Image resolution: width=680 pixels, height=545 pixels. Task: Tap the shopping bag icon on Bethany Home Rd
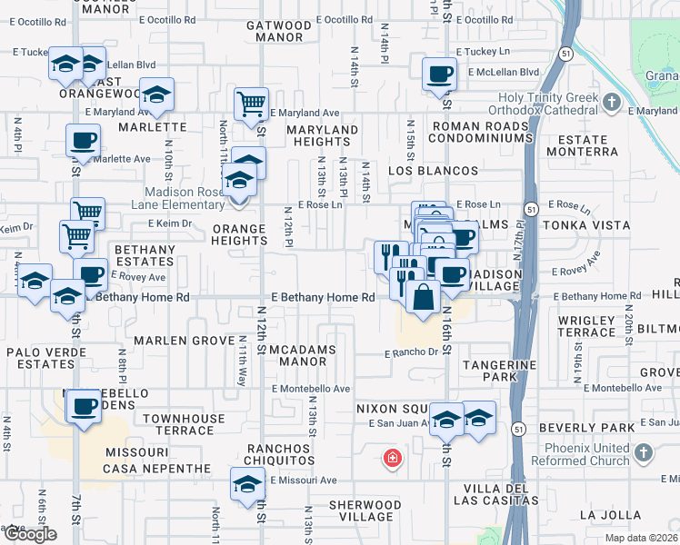[423, 296]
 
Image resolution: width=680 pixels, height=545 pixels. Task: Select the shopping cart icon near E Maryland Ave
[251, 103]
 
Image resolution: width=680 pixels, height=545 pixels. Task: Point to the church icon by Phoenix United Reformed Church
[643, 452]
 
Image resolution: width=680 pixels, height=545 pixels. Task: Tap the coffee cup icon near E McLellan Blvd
[439, 74]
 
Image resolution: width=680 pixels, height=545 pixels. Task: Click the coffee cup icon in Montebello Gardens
[84, 406]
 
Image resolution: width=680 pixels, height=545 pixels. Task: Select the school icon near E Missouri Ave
[246, 483]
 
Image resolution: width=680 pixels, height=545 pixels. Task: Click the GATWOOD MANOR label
[278, 32]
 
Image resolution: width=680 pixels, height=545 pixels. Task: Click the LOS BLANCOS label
[433, 171]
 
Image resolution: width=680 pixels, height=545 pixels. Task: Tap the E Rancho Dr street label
[411, 352]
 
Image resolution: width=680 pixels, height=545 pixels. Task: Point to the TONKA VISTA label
[585, 225]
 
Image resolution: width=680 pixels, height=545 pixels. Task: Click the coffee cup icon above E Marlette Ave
[83, 141]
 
